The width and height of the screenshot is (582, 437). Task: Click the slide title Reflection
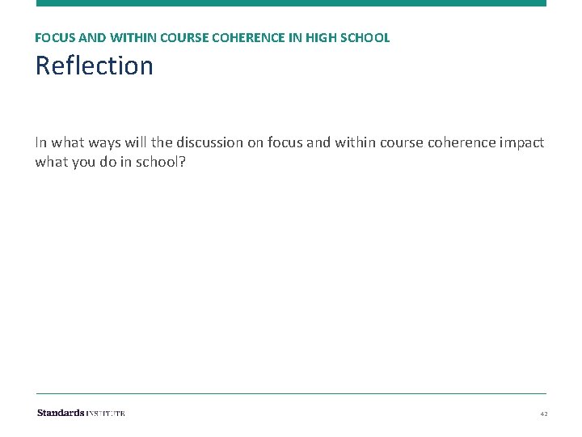[94, 66]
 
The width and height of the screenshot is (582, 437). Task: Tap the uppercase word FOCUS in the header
[52, 38]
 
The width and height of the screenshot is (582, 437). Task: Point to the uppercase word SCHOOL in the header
[369, 38]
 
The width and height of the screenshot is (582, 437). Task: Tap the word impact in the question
[522, 142]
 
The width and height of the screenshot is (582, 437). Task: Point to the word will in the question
[133, 142]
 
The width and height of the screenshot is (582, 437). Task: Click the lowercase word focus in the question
[286, 142]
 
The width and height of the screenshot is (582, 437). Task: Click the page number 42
[544, 414]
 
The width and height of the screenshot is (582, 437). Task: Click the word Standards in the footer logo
[61, 413]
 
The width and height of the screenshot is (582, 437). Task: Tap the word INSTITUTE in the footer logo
[106, 413]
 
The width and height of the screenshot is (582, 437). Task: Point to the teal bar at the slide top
[291, 3]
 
